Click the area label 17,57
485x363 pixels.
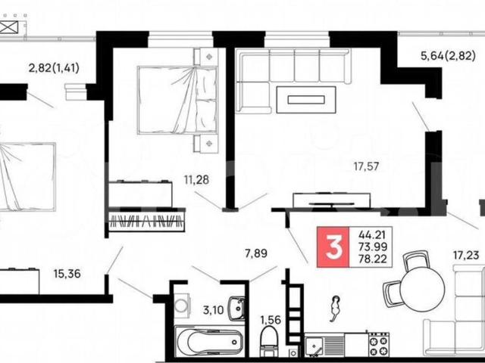click(367, 166)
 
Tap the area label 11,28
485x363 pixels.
click(197, 179)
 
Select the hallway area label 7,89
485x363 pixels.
click(256, 254)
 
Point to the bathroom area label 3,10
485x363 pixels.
click(214, 309)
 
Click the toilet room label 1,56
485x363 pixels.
click(271, 320)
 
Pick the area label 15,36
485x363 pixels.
click(67, 274)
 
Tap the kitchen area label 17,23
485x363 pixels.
click(466, 256)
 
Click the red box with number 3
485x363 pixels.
click(333, 247)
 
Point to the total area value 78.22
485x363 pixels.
click(373, 259)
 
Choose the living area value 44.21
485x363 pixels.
click(372, 235)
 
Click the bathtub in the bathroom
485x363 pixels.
click(210, 341)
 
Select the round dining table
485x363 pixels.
click(422, 289)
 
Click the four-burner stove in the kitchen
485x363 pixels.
click(379, 343)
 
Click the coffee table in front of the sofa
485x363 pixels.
click(306, 100)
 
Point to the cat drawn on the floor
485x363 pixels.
click(335, 308)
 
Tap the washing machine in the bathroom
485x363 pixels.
click(181, 306)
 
